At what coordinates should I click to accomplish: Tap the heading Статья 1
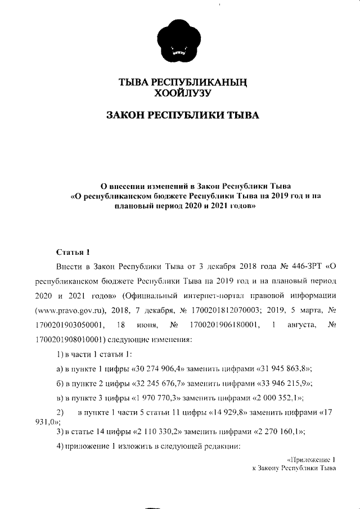point(73,251)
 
